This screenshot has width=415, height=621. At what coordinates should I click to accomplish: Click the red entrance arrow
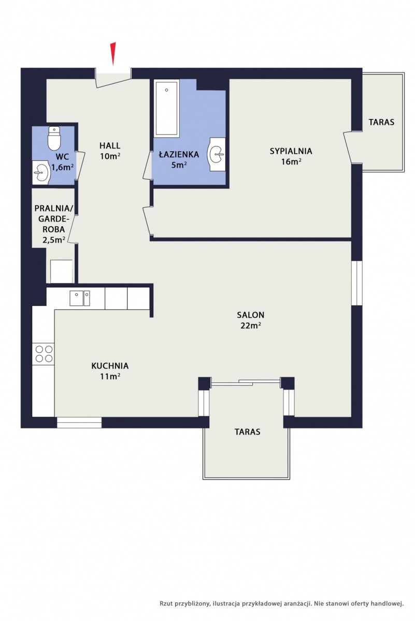click(x=113, y=54)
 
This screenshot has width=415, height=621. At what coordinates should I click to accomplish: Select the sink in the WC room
click(x=41, y=172)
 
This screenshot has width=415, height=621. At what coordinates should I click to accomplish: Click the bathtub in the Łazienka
click(x=166, y=108)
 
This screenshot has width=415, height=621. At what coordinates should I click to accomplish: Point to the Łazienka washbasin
click(x=217, y=154)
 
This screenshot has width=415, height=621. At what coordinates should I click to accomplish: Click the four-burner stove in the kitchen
click(x=44, y=353)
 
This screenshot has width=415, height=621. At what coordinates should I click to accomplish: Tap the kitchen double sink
click(x=80, y=298)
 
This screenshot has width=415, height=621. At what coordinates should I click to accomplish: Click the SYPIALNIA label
click(x=291, y=151)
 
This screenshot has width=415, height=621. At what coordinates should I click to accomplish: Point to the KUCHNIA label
click(x=110, y=366)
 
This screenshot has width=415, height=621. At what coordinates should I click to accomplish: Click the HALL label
click(x=110, y=145)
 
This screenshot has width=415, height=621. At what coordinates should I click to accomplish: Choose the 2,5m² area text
click(x=54, y=240)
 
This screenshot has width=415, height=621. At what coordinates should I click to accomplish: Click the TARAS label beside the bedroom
click(x=381, y=122)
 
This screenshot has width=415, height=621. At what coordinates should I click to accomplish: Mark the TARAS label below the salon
click(x=247, y=432)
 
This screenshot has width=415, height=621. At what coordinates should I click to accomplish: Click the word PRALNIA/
click(x=54, y=209)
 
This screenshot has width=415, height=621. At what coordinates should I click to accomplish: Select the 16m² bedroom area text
click(x=292, y=161)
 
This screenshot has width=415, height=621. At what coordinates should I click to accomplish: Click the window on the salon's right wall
click(x=356, y=283)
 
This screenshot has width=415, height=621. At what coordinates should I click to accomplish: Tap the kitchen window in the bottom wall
click(x=79, y=422)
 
